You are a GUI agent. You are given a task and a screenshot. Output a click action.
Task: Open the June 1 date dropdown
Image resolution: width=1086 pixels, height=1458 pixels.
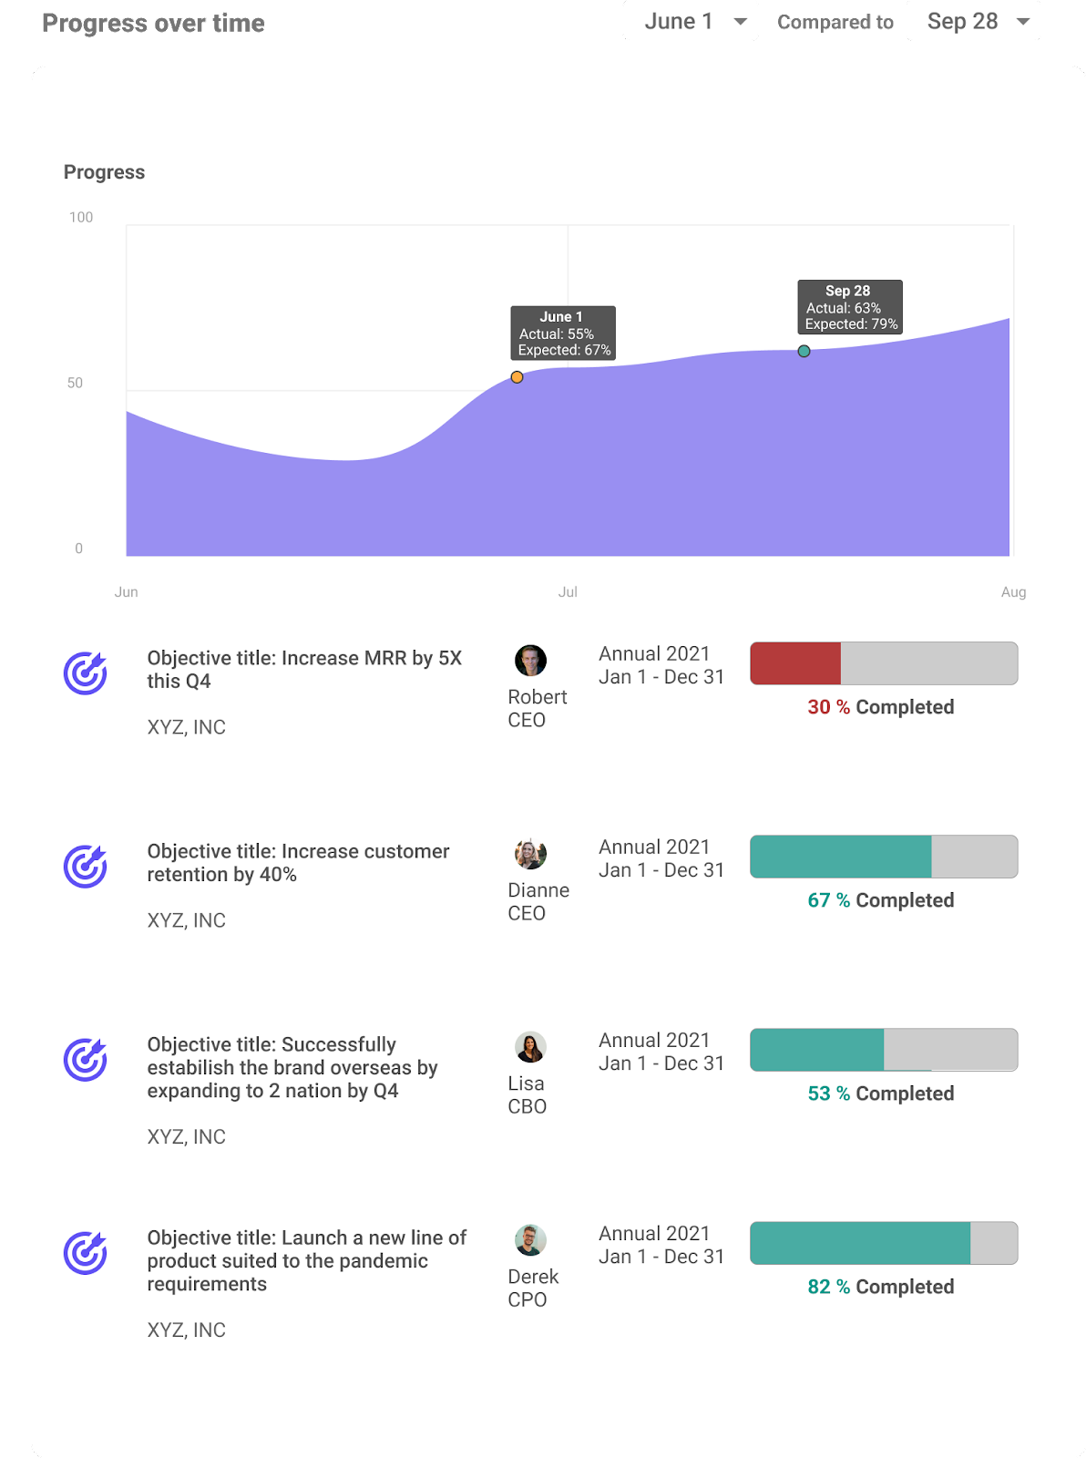691,22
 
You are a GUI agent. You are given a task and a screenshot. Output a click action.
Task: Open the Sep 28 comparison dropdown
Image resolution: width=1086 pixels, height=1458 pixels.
973,22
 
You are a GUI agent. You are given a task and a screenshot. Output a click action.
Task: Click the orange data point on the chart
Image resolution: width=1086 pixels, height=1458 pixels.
517,377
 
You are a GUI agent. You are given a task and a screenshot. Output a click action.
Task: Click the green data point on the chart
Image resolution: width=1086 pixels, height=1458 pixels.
804,351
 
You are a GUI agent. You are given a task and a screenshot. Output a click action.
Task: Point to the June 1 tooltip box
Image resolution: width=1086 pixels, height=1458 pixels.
563,334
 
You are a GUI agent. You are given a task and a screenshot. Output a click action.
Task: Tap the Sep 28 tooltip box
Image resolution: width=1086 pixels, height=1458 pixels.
850,307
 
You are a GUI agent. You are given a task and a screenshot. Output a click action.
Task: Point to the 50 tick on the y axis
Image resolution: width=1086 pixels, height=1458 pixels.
75,383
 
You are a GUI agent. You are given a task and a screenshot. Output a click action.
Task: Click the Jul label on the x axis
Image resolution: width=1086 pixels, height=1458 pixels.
568,592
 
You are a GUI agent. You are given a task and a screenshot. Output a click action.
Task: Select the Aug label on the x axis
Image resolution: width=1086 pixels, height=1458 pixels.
1013,592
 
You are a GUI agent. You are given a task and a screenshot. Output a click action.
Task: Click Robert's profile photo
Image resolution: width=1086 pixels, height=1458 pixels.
530,661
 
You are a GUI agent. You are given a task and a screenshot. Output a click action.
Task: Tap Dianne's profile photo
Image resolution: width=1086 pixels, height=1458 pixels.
530,854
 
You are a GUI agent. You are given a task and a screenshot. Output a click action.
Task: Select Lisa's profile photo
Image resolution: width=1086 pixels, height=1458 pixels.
530,1047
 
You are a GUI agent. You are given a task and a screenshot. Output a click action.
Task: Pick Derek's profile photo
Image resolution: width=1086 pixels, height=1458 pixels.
530,1240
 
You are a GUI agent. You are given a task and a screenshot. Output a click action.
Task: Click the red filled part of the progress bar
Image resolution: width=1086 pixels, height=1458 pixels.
795,663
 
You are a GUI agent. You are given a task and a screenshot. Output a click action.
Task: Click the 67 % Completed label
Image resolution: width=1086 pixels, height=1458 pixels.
880,900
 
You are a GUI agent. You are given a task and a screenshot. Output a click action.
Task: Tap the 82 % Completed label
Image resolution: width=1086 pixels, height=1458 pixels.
880,1287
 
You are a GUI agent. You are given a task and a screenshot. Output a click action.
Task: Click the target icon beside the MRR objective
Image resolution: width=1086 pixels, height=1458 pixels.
86,673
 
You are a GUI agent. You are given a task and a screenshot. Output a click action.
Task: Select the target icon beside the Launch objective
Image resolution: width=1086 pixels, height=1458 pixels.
86,1253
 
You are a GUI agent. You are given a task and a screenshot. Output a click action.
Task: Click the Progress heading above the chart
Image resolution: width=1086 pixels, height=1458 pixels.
104,172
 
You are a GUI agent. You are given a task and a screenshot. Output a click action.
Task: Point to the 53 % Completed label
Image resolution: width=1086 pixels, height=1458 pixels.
880,1093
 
